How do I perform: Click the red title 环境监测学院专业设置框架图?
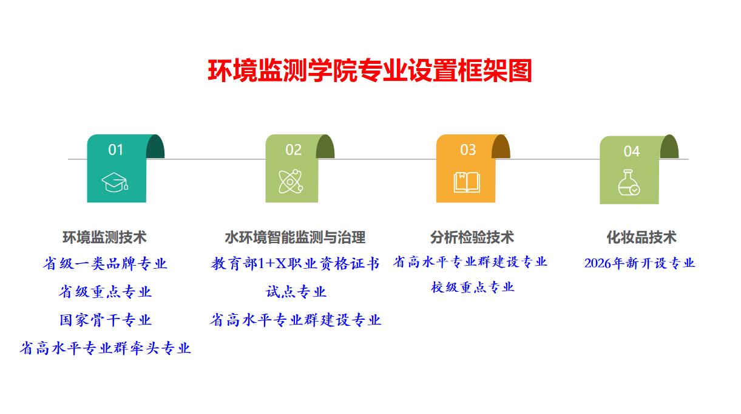point(370,71)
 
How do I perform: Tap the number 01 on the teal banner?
point(115,150)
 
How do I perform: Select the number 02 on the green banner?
point(293,150)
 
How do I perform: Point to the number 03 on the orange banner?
point(468,150)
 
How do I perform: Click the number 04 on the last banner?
point(632,151)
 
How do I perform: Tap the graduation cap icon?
point(115,182)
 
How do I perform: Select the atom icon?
point(291,181)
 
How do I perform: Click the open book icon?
point(467,182)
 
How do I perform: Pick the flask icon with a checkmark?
point(629,182)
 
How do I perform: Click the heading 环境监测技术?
point(104,237)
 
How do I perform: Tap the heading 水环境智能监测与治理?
point(295,237)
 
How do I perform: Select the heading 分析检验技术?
point(472,237)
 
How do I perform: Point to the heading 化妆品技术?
point(641,237)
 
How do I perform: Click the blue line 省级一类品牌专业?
point(105,263)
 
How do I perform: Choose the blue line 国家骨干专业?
point(106,320)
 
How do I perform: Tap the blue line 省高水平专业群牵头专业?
point(105,348)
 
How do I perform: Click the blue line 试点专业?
point(296,292)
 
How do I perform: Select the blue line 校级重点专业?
point(472,287)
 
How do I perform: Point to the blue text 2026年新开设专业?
point(640,263)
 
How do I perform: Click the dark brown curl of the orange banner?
point(501,147)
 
